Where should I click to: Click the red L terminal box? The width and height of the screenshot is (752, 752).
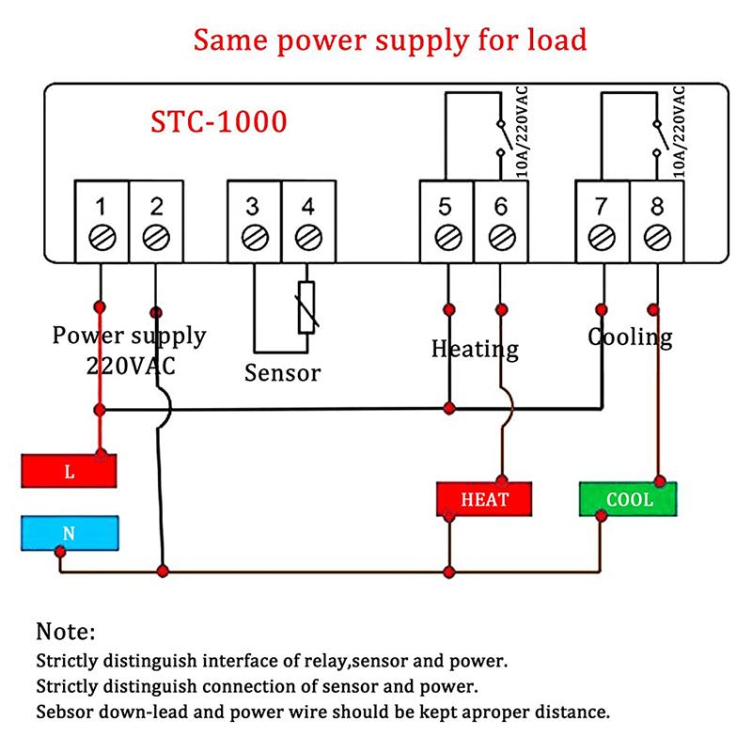pyautogui.click(x=70, y=471)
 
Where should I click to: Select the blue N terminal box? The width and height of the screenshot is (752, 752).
pyautogui.click(x=70, y=533)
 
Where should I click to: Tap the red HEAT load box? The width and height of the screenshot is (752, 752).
pyautogui.click(x=484, y=499)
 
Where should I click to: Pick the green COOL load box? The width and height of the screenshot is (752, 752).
pyautogui.click(x=628, y=498)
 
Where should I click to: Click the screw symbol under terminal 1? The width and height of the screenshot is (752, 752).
pyautogui.click(x=102, y=237)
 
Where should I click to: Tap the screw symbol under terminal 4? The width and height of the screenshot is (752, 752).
pyautogui.click(x=306, y=237)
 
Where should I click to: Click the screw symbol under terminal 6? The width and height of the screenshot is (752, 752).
pyautogui.click(x=500, y=237)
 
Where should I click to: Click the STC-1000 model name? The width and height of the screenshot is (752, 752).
pyautogui.click(x=219, y=122)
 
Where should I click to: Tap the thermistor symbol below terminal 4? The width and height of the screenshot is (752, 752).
pyautogui.click(x=306, y=306)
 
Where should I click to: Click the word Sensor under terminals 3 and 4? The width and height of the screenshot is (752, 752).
pyautogui.click(x=282, y=373)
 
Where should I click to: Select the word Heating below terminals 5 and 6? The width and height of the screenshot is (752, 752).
pyautogui.click(x=475, y=349)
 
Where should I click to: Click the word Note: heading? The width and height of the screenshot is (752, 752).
pyautogui.click(x=66, y=631)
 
